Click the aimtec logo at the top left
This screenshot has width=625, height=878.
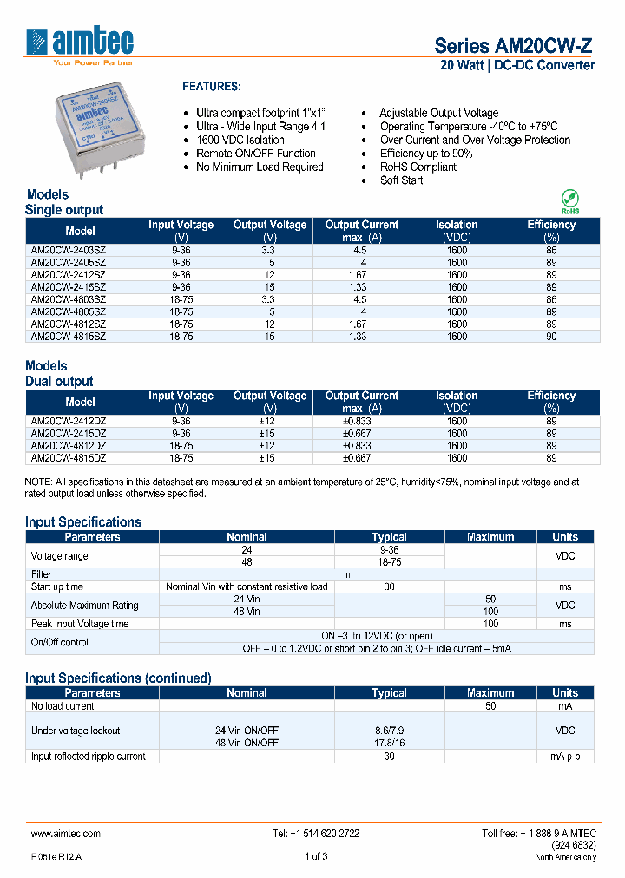click(x=80, y=45)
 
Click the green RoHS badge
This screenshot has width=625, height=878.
click(x=569, y=201)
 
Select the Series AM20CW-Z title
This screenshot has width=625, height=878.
click(x=514, y=45)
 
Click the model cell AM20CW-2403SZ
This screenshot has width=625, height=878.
click(x=69, y=250)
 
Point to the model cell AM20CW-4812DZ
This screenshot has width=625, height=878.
click(x=69, y=445)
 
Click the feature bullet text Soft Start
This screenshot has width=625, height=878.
click(x=401, y=180)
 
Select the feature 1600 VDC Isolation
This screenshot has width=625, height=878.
click(x=240, y=140)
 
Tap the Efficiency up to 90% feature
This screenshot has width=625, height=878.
click(x=426, y=154)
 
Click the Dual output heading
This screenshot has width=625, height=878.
click(x=59, y=381)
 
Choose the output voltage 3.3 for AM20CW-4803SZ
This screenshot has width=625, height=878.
click(x=270, y=298)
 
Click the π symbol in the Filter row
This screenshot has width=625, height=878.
click(x=348, y=574)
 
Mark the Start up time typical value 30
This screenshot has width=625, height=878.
click(x=389, y=587)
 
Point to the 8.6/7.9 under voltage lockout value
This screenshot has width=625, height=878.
click(x=389, y=731)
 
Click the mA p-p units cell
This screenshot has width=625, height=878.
click(x=565, y=757)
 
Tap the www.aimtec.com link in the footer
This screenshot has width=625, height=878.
click(x=66, y=834)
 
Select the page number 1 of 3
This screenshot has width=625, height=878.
click(x=316, y=856)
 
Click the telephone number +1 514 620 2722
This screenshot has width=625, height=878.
click(x=316, y=834)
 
